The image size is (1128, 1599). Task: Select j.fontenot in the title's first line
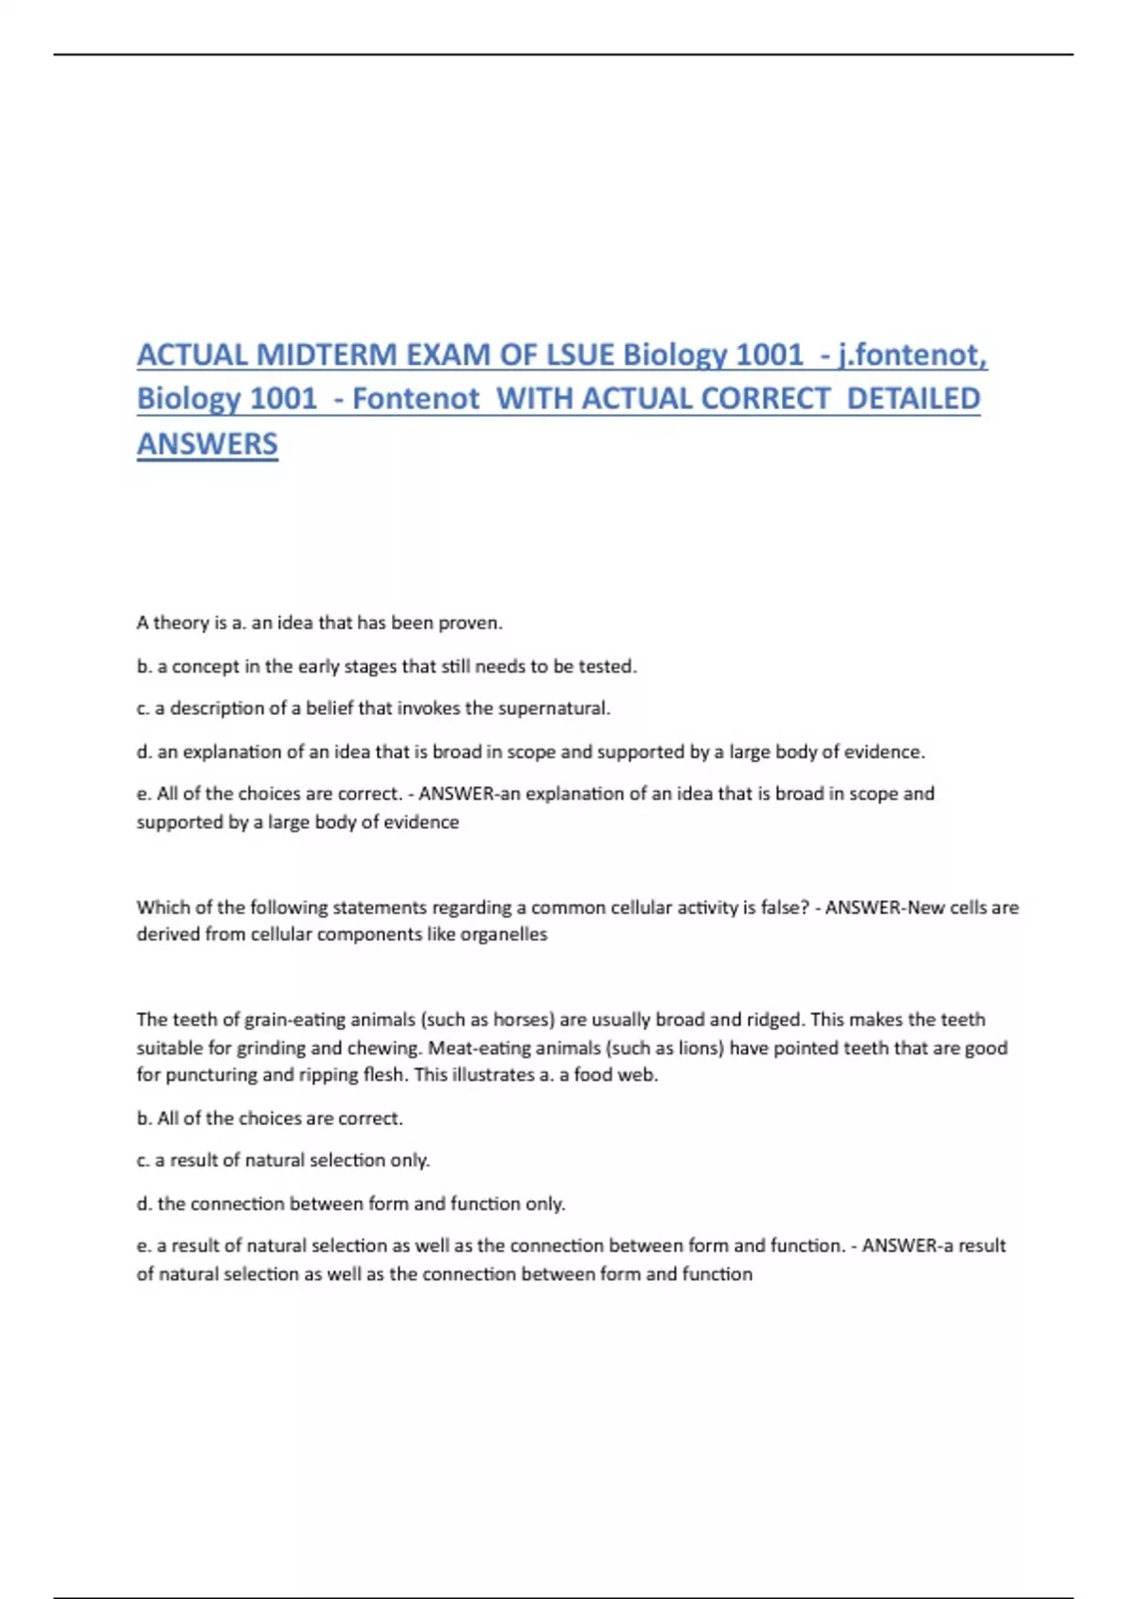(909, 355)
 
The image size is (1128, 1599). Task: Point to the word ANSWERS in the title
(208, 444)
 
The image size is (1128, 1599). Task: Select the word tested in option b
(606, 667)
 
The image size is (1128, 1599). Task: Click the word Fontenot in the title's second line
(416, 399)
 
